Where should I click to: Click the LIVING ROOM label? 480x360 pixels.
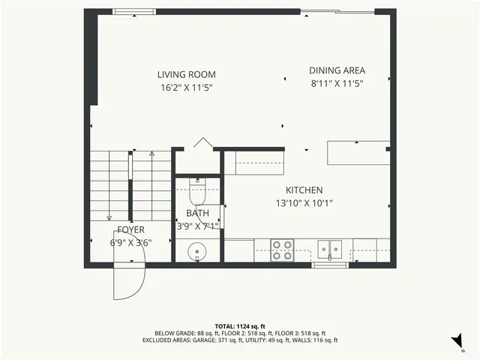coord(186,74)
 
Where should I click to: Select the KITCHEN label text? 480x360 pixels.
coord(304,190)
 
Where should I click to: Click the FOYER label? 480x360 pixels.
coord(130,229)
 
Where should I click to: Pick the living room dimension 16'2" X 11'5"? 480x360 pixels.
coord(186,87)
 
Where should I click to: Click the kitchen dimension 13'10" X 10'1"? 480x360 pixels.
coord(304,202)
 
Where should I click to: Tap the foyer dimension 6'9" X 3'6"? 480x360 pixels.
coord(130,241)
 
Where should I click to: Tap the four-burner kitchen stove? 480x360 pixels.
coord(281,249)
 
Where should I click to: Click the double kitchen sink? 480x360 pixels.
coord(329,248)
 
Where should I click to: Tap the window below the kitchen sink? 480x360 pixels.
coord(330,264)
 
